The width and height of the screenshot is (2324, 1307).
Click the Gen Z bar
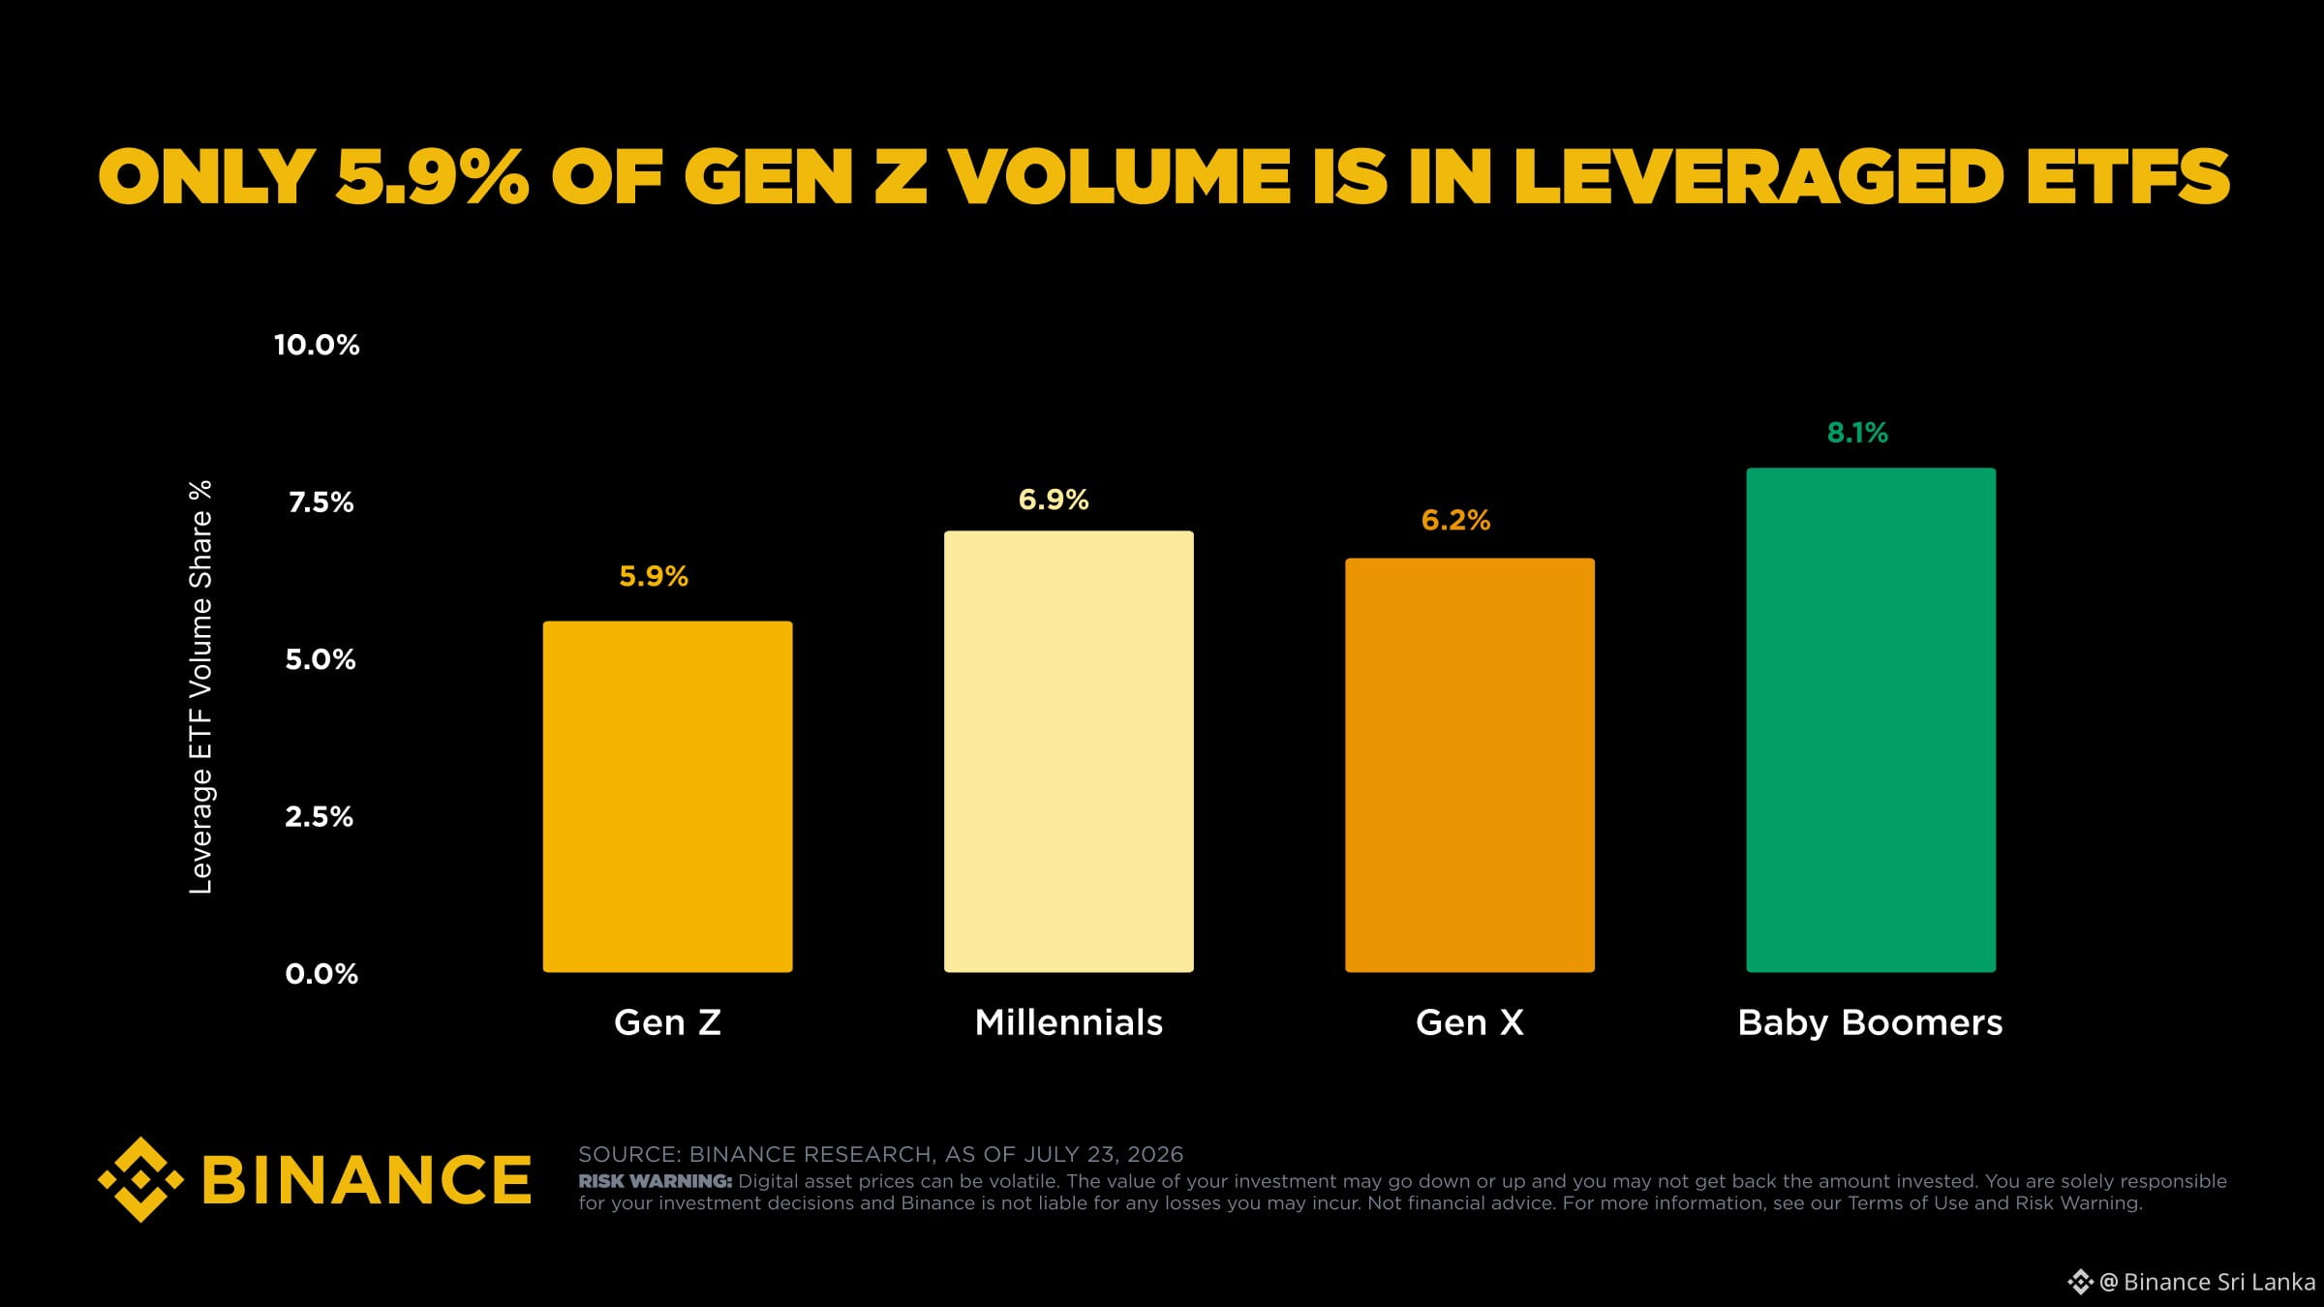[x=667, y=797]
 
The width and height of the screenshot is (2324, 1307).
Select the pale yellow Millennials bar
[x=1068, y=751]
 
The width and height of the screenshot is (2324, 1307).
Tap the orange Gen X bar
[x=1469, y=765]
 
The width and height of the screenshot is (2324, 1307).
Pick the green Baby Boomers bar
[x=1871, y=720]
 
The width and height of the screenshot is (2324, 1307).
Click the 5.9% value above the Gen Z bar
[x=654, y=577]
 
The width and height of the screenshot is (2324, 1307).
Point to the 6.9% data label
[x=1054, y=501]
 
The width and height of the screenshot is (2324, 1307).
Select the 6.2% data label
[x=1455, y=521]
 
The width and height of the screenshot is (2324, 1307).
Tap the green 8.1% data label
[x=1857, y=433]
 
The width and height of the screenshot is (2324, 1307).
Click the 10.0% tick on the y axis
[x=317, y=345]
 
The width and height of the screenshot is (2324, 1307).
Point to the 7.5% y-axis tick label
[x=321, y=502]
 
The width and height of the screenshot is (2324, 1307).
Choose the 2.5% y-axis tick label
[x=320, y=817]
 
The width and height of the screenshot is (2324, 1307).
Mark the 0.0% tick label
[x=321, y=974]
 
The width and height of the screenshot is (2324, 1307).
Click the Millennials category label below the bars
[x=1068, y=1022]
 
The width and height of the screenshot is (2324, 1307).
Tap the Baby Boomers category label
[x=1870, y=1023]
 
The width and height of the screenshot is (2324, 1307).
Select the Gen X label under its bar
[x=1469, y=1022]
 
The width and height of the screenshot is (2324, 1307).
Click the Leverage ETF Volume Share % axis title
[x=200, y=687]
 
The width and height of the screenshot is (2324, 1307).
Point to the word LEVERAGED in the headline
[x=1758, y=177]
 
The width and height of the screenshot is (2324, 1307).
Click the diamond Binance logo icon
[x=140, y=1179]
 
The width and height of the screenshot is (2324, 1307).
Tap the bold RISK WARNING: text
[x=656, y=1181]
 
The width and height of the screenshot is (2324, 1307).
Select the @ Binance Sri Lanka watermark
[x=2190, y=1282]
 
